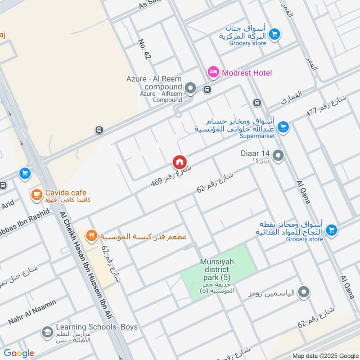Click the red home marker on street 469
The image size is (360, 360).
point(179,162)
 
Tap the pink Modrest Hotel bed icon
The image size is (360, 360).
point(213,72)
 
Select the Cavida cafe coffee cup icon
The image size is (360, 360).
point(36,194)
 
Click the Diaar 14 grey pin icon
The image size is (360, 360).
point(279,156)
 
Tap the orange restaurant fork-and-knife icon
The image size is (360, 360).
point(91,235)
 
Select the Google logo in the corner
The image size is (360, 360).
point(19,353)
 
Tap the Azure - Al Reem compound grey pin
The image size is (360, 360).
point(191,88)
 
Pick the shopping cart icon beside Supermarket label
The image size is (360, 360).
point(283,127)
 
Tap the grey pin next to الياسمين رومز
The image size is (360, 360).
point(304,293)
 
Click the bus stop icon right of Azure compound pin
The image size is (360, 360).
point(207,89)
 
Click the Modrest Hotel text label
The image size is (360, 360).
point(246,72)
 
